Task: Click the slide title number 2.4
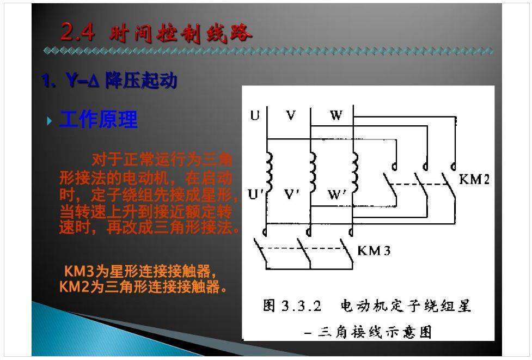77,32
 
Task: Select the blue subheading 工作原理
99,119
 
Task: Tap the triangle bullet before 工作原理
50,120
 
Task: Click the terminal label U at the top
255,115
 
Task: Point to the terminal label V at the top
291,115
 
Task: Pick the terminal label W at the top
336,115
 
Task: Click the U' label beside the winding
256,194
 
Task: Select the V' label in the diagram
292,194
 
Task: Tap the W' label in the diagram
337,194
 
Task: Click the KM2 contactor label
474,179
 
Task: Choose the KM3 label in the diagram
374,251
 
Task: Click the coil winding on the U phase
270,172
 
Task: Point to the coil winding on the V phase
313,172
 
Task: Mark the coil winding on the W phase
355,172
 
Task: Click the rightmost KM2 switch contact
451,185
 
